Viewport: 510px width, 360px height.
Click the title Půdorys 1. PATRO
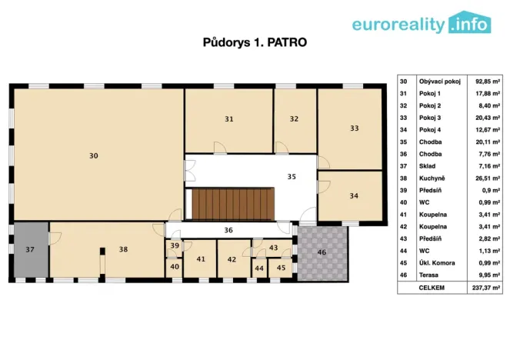(255, 42)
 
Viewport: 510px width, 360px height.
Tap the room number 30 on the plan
(93, 155)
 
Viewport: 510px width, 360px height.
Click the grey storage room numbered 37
(30, 249)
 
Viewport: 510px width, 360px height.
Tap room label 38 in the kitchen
(122, 249)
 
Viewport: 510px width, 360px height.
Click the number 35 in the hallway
(292, 176)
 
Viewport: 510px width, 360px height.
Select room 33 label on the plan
(354, 128)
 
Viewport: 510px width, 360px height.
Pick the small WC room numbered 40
(175, 266)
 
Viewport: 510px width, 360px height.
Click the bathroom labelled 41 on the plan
(201, 259)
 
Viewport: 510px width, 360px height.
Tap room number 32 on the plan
(294, 118)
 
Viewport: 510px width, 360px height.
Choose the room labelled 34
(353, 195)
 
